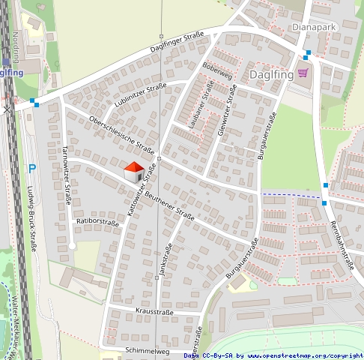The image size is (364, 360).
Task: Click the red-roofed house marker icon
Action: coord(133,172)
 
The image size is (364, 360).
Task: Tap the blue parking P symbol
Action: coord(31,169)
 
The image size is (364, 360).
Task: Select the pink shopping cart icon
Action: coord(303,73)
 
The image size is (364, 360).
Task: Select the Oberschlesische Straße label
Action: coord(121,136)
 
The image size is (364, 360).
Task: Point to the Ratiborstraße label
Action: coord(97,222)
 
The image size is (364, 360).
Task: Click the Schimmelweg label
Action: coord(148,351)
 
